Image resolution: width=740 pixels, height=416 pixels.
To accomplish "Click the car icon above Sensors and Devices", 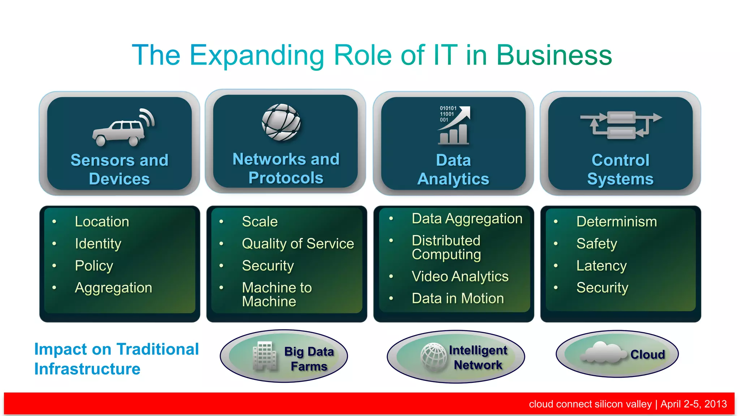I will (x=119, y=130).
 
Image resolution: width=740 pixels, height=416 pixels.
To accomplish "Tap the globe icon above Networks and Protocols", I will (x=281, y=122).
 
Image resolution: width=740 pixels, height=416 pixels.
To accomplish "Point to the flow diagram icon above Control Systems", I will (x=621, y=125).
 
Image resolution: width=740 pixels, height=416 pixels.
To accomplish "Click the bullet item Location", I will (x=102, y=221).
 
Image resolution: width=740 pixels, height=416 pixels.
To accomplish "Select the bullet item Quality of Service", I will (x=298, y=243).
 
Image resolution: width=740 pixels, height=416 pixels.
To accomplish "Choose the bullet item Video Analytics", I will (x=460, y=276).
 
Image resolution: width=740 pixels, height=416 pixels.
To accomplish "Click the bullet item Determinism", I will (x=616, y=221).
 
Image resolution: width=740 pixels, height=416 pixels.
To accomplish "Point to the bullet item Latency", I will (x=601, y=265).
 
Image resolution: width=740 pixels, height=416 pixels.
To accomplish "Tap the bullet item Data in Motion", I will (x=458, y=298).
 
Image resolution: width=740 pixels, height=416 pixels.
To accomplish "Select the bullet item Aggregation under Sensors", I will (x=113, y=287).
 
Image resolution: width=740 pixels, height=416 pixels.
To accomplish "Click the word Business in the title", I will (x=554, y=55).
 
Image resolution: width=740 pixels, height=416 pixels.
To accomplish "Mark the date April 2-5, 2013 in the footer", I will (x=693, y=404).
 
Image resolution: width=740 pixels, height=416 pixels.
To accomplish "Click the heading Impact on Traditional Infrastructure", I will (x=116, y=359).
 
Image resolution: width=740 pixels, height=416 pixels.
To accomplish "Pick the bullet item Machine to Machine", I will (x=277, y=294).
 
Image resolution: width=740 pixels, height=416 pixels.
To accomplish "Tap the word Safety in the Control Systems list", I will (x=597, y=243).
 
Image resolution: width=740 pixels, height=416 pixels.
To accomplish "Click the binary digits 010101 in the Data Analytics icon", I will (x=448, y=108).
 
